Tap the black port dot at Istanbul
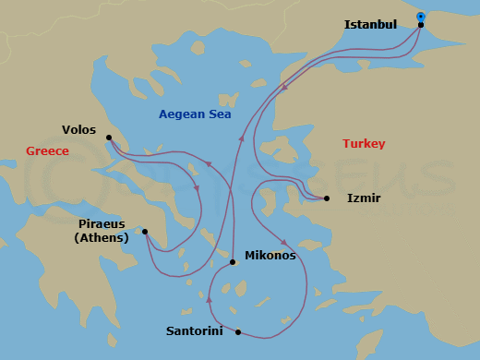tap(421, 25)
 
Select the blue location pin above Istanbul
tap(421, 17)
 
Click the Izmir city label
tap(364, 198)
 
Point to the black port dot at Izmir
tap(327, 198)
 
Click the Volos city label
tap(78, 130)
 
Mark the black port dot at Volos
tap(109, 138)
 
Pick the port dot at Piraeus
tap(145, 232)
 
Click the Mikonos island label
tap(270, 256)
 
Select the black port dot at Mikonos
tap(233, 262)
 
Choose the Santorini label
tap(193, 330)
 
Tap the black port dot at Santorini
tap(238, 332)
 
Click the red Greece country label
tap(47, 150)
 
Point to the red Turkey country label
tap(364, 144)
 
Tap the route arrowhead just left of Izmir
tap(306, 196)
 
